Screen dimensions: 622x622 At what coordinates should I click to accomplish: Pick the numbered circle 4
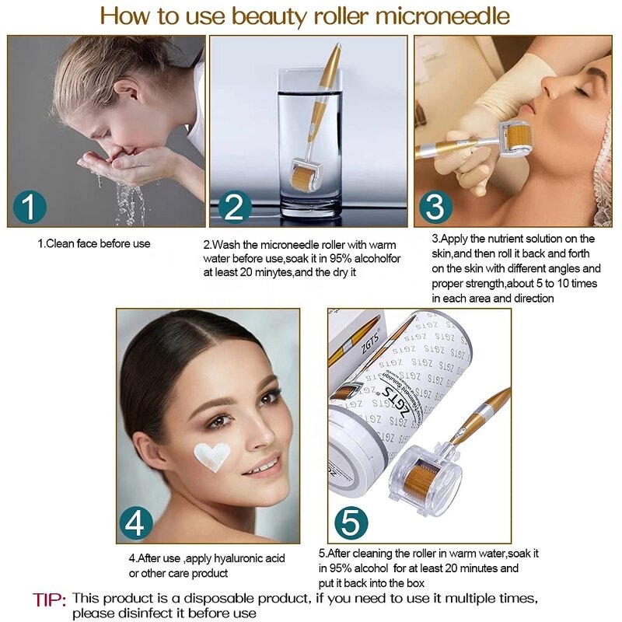coord(135,524)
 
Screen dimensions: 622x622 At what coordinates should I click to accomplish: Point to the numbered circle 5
coord(351,523)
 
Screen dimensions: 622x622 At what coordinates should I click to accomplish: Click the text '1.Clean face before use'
coord(94,243)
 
